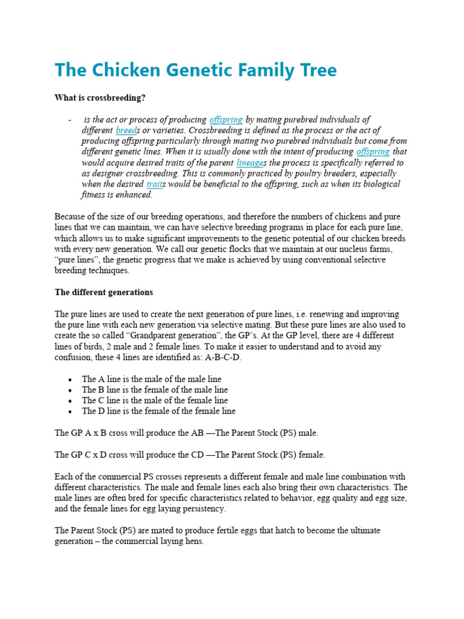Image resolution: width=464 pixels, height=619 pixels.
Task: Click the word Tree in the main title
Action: [x=312, y=70]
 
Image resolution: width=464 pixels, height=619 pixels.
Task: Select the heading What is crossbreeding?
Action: [x=100, y=97]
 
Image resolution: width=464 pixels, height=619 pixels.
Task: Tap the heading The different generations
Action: [x=103, y=292]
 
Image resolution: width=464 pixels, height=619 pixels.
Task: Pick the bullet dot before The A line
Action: [x=71, y=380]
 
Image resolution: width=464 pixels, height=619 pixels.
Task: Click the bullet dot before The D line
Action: [x=71, y=412]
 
